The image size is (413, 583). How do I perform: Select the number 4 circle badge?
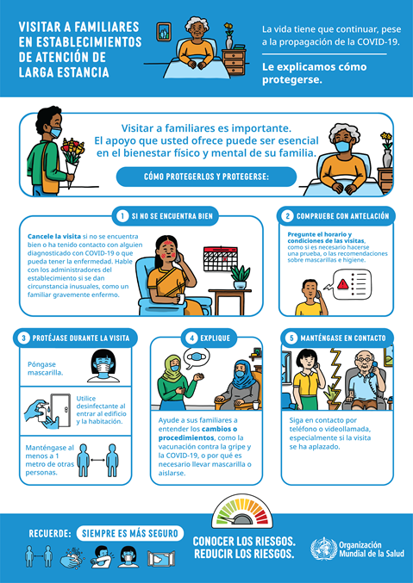[192, 338]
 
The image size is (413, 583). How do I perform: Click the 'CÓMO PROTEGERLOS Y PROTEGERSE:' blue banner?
[206, 177]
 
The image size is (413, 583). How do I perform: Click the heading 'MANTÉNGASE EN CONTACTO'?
[344, 338]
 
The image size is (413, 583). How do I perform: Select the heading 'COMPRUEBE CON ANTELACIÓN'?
[343, 215]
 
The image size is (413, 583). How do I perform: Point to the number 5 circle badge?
[291, 338]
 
